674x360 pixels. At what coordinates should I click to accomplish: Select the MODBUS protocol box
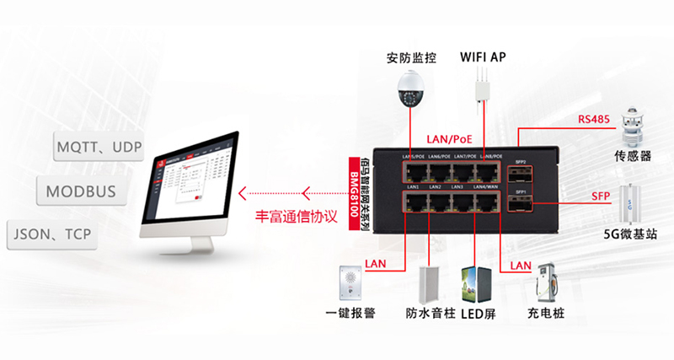point(81,191)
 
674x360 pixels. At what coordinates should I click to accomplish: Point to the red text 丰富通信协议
point(296,216)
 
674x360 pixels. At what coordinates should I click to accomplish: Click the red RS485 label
point(593,119)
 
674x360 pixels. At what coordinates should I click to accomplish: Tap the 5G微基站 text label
point(631,234)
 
